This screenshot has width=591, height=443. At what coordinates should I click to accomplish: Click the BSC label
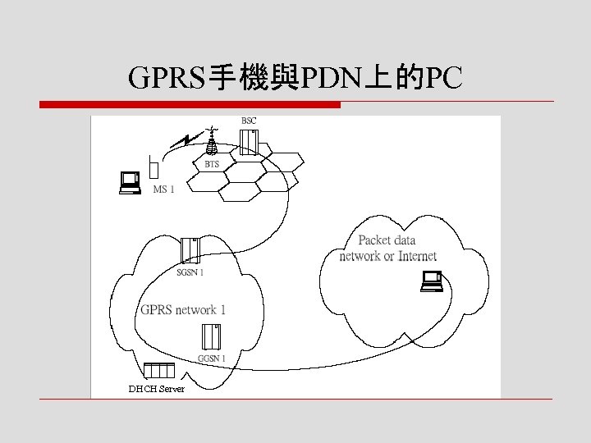coord(248,121)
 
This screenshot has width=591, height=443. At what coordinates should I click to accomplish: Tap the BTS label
coord(212,165)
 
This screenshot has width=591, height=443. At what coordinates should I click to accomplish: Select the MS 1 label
coord(164,190)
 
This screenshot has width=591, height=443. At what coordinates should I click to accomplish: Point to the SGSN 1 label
coord(190,272)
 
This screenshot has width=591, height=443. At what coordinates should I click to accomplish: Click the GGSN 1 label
coord(212,359)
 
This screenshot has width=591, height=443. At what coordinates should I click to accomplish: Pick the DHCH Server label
coord(157,389)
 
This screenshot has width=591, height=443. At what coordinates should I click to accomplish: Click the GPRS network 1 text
coord(183,309)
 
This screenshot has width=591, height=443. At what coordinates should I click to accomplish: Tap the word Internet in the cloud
coord(417,256)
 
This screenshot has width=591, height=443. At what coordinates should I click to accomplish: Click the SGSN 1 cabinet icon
coord(190,250)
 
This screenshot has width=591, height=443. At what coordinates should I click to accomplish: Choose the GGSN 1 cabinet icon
coord(211,336)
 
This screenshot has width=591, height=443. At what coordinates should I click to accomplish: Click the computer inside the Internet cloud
coord(432,281)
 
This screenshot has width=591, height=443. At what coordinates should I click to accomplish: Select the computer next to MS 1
coord(129,182)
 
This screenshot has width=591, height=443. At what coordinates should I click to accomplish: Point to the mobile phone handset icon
coord(154,169)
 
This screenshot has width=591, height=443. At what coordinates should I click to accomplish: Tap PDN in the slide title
coord(329,78)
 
